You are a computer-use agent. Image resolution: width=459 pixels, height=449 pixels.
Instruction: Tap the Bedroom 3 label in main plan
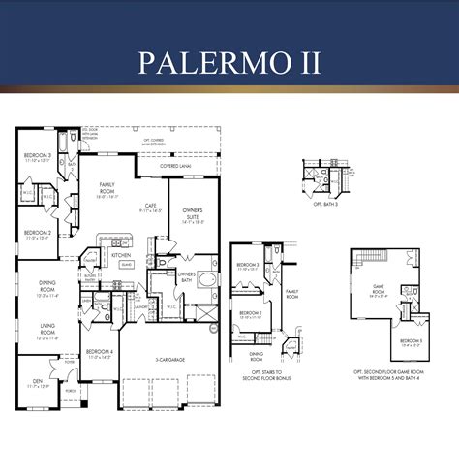[x=36, y=155]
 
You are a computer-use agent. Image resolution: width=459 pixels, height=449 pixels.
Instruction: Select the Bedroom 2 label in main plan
[x=37, y=233]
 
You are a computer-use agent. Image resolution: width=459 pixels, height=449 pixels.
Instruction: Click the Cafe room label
[x=151, y=205]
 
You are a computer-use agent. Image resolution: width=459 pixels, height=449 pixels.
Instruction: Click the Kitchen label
[x=121, y=255]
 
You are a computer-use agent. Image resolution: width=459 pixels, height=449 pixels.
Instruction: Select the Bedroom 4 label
[x=99, y=352]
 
